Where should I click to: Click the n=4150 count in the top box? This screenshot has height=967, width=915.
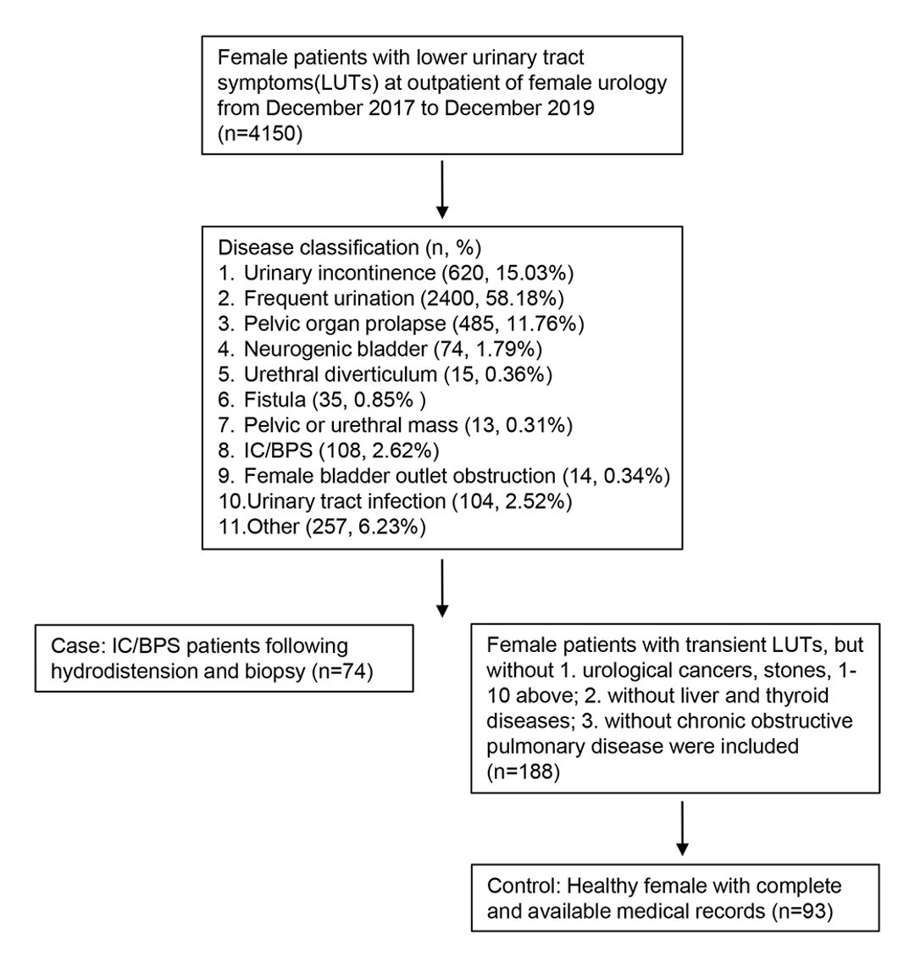(260, 133)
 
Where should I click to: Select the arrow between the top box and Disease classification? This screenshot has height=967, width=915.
(441, 190)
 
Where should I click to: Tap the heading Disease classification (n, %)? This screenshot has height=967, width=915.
(349, 248)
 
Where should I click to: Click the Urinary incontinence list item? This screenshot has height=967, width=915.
(396, 274)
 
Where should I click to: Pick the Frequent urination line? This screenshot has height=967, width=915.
(391, 299)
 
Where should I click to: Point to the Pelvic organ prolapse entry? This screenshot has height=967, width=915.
(401, 323)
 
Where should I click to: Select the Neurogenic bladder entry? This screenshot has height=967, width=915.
(380, 349)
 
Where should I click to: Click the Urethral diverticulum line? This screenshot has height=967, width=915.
(385, 374)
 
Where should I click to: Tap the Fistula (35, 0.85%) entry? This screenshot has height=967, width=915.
(321, 400)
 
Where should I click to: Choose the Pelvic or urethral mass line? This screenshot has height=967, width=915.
(396, 425)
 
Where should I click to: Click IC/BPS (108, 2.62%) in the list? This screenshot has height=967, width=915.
(328, 450)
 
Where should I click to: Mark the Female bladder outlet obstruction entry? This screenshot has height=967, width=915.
(444, 476)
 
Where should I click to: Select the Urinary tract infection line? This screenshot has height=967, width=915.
(395, 500)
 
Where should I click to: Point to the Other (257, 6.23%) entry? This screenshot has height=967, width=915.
(322, 526)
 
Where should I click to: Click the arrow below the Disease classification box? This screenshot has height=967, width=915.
(441, 588)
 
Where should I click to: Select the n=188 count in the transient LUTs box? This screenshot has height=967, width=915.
(524, 772)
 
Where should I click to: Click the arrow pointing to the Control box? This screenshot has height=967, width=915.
(682, 828)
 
